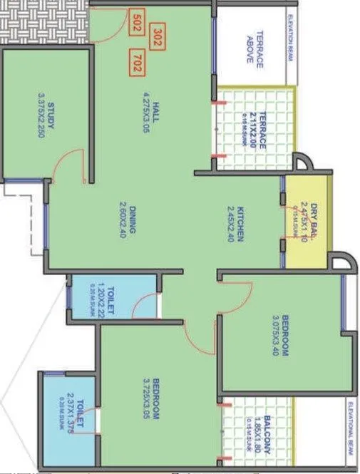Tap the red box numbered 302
158,36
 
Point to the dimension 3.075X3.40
274,334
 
